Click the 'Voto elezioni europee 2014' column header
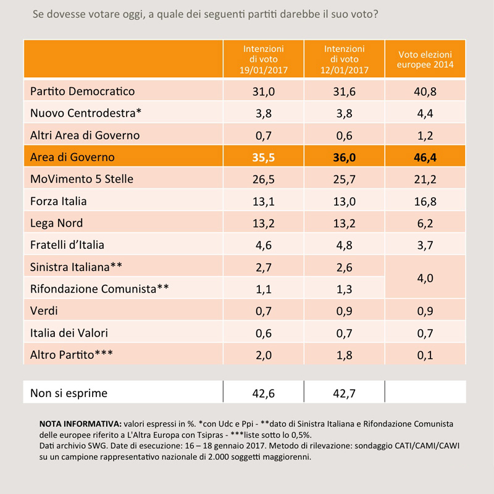point(425,59)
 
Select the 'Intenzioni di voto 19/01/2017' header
point(264,59)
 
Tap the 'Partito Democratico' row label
point(82,91)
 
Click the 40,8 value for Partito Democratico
point(425,91)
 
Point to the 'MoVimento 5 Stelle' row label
point(82,179)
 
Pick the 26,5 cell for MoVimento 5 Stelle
point(264,179)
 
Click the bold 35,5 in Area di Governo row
point(264,157)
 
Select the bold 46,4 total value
point(425,157)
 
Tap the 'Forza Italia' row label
point(58,201)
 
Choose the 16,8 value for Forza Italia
point(425,201)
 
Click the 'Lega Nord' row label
point(56,223)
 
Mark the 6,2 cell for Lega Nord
point(425,224)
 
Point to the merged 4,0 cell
point(425,278)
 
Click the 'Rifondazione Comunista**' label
point(99,288)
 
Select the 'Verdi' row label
point(44,311)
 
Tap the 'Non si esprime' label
point(69,393)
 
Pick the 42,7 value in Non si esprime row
point(344,393)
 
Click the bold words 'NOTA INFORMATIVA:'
point(80,424)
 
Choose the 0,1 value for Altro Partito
point(425,355)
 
